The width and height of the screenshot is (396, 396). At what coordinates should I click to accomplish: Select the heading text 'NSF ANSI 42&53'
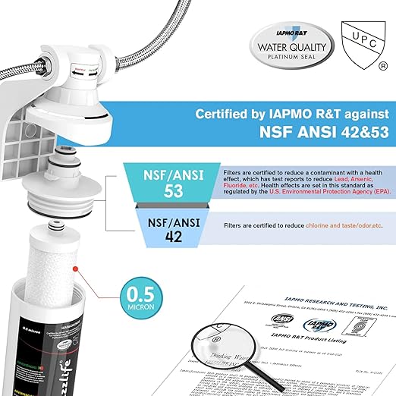(310, 140)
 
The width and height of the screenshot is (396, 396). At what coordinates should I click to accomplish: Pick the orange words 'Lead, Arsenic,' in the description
(347, 179)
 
